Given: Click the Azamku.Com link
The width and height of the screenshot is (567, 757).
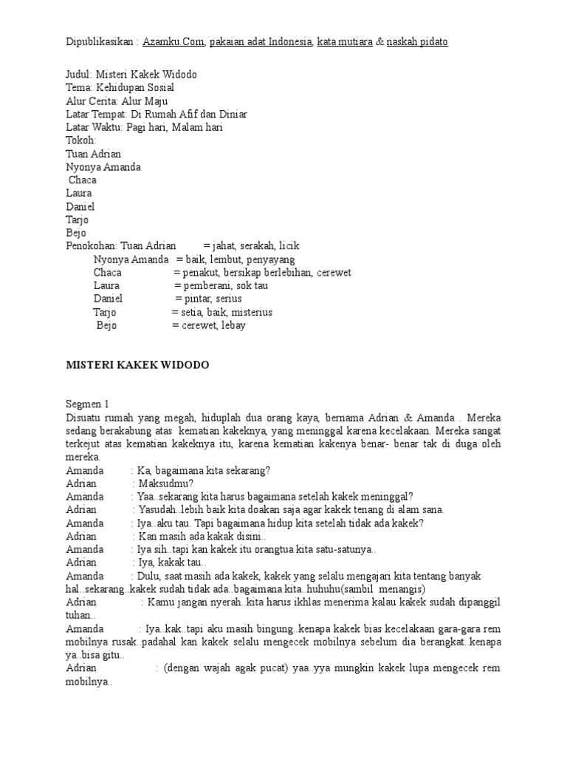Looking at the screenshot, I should [x=173, y=42].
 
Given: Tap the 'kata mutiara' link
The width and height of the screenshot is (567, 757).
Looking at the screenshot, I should [x=345, y=42].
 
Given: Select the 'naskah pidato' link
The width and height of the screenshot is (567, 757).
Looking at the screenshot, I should [x=417, y=42].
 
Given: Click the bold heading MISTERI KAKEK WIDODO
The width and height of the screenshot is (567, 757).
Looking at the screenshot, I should [x=138, y=365].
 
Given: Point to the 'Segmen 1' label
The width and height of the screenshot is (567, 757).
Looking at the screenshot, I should [x=87, y=404].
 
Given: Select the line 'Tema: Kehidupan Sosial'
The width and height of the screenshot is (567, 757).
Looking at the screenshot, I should [x=120, y=88].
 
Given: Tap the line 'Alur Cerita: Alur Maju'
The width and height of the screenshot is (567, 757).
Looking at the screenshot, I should [x=117, y=101].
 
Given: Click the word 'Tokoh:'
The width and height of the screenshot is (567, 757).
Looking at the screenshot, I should [x=81, y=140].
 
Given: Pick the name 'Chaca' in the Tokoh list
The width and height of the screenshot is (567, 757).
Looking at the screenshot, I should [x=83, y=180].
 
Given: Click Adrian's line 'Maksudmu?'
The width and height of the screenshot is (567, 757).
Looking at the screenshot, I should [x=166, y=483].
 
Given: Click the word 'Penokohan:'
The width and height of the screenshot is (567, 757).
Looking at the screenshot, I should [x=92, y=246].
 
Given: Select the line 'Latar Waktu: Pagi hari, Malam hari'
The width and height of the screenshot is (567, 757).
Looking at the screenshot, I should [x=144, y=127].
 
